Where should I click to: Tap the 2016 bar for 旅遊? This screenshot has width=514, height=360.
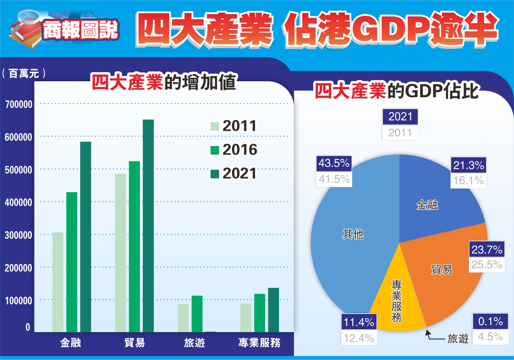[x=197, y=314]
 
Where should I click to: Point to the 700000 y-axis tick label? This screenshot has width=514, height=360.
[x=19, y=104]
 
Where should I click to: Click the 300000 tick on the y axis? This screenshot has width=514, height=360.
[x=19, y=235]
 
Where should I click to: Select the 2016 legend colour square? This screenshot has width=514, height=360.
[x=215, y=150]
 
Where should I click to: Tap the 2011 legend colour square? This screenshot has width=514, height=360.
[x=215, y=126]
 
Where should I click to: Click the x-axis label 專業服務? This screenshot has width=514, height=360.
[x=259, y=343]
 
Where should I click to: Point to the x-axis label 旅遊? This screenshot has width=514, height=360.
[x=194, y=343]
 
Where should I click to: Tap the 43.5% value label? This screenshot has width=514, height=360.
[x=334, y=163]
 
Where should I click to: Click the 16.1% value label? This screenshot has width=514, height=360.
[x=468, y=180]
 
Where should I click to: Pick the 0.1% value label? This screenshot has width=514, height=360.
[x=490, y=321]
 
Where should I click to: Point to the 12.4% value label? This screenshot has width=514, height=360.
[x=359, y=338]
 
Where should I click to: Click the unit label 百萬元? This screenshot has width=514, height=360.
[x=24, y=73]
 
